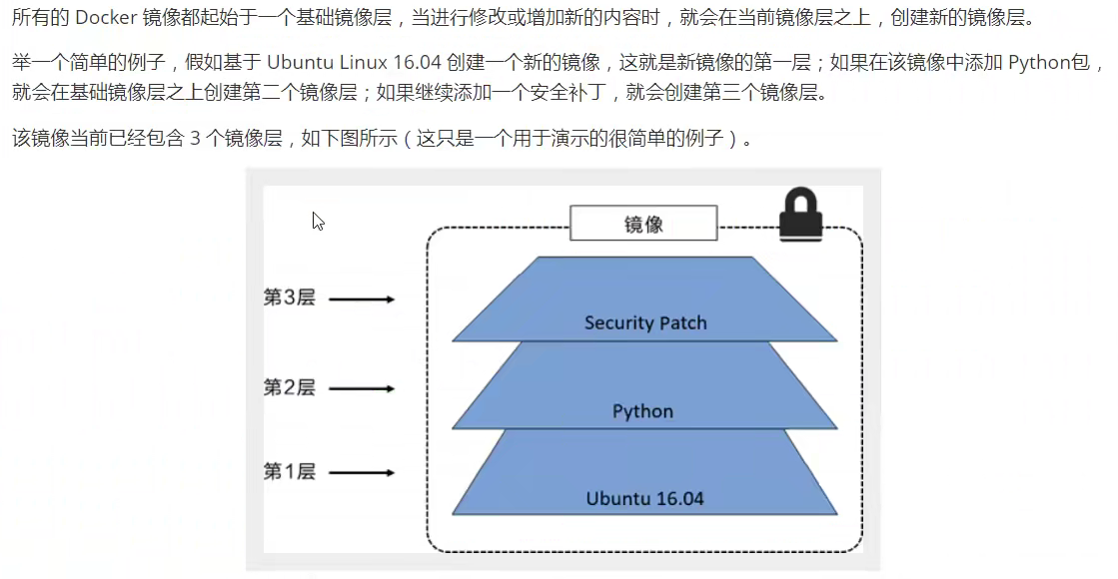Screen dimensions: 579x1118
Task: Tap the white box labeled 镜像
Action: (643, 224)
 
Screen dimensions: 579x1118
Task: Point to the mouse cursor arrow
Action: (318, 222)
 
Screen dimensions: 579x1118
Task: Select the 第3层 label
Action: (289, 297)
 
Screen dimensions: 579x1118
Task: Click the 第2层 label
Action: (289, 387)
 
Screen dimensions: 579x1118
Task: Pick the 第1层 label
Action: (289, 471)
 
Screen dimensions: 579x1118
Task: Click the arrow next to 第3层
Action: (362, 298)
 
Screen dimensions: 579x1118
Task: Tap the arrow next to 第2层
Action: (362, 388)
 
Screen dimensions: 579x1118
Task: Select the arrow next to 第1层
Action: (362, 472)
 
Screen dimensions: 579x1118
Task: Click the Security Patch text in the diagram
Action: (645, 322)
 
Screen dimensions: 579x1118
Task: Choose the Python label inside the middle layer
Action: (642, 411)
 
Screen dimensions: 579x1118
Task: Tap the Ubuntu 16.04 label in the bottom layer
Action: (644, 497)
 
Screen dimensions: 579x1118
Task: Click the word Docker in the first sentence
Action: (105, 19)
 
